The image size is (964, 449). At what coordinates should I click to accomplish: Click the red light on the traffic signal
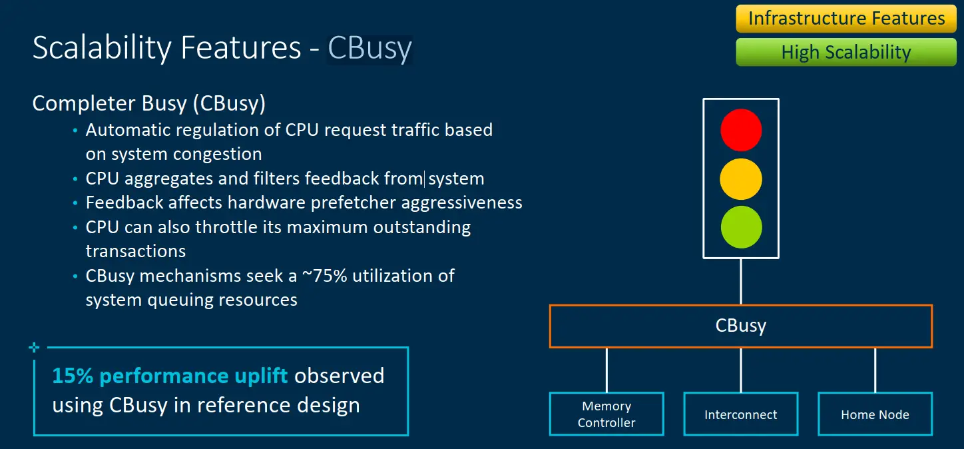[x=741, y=130]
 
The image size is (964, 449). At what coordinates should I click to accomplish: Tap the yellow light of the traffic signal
[x=741, y=179]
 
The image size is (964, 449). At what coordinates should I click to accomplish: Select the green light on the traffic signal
[x=741, y=227]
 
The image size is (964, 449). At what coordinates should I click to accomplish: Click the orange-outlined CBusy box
[x=741, y=326]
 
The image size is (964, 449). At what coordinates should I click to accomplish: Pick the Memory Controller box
[x=606, y=414]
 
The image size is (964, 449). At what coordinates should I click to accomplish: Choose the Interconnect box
[x=741, y=414]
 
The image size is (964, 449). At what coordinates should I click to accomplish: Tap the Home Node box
[x=875, y=414]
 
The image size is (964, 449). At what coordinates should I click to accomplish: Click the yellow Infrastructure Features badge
[x=846, y=19]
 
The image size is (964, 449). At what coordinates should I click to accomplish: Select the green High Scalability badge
[x=846, y=52]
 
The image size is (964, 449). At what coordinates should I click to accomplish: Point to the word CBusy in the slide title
[x=369, y=48]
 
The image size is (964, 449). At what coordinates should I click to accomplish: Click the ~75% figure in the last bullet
[x=324, y=276]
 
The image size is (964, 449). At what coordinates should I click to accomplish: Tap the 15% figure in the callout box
[x=73, y=376]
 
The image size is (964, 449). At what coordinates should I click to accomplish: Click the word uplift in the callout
[x=261, y=376]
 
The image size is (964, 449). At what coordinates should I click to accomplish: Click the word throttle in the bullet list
[x=235, y=227]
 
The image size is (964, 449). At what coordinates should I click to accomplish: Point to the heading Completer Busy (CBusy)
[x=149, y=104]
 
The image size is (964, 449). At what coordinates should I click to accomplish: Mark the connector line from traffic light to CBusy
[x=741, y=282]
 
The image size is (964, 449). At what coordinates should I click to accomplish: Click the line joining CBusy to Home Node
[x=875, y=370]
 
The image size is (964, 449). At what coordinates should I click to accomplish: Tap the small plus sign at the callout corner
[x=34, y=347]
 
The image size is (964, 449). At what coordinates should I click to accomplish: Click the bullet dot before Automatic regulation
[x=75, y=131]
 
